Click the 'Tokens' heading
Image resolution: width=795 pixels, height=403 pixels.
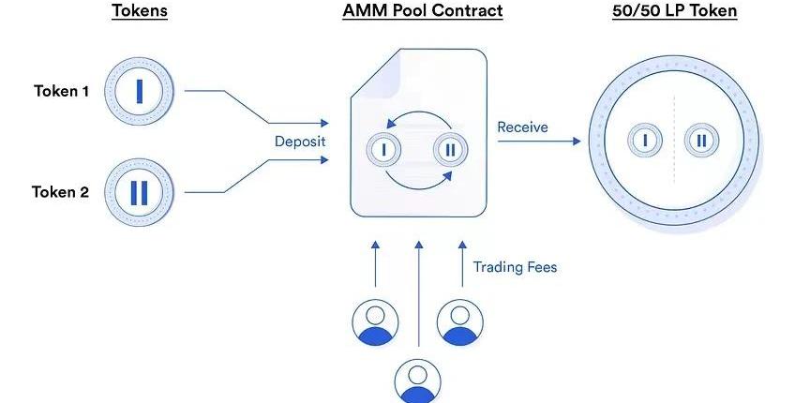pyautogui.click(x=140, y=12)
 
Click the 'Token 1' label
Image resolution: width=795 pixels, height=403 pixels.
pyautogui.click(x=61, y=91)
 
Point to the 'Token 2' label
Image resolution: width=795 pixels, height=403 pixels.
pyautogui.click(x=61, y=192)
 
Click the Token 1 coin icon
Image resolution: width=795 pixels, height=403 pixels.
pyautogui.click(x=140, y=91)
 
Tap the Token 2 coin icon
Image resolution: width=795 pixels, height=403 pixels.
pyautogui.click(x=140, y=192)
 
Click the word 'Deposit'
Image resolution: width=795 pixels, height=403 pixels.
pyautogui.click(x=300, y=142)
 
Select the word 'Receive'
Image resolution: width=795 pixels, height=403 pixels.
pyautogui.click(x=523, y=127)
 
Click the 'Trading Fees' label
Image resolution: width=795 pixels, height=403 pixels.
pyautogui.click(x=515, y=267)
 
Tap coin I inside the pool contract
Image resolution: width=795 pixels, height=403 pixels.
pyautogui.click(x=383, y=148)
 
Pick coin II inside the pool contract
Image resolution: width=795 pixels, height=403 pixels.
pyautogui.click(x=450, y=148)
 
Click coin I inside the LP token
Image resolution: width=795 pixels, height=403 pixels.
pyautogui.click(x=645, y=141)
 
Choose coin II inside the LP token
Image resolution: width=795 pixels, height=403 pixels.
pyautogui.click(x=701, y=141)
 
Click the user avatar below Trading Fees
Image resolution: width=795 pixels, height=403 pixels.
pyautogui.click(x=460, y=321)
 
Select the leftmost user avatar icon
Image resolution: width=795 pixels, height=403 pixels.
pyautogui.click(x=374, y=321)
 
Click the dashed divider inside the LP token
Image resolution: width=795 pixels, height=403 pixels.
pyautogui.click(x=673, y=141)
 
